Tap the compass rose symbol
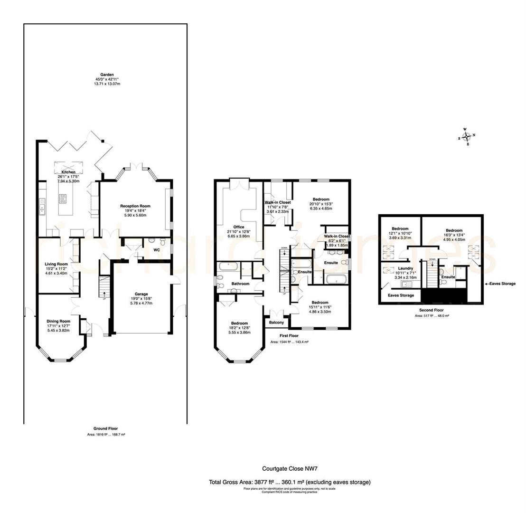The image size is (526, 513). [467, 136]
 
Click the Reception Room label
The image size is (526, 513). [135, 206]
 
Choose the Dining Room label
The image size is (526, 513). [58, 321]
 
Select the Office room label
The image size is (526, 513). [238, 227]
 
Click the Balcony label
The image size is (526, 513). [276, 323]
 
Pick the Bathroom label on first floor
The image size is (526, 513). [240, 284]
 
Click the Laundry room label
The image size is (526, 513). [405, 268]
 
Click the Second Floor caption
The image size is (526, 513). [432, 310]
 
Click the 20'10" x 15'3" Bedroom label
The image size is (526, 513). [320, 199]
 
